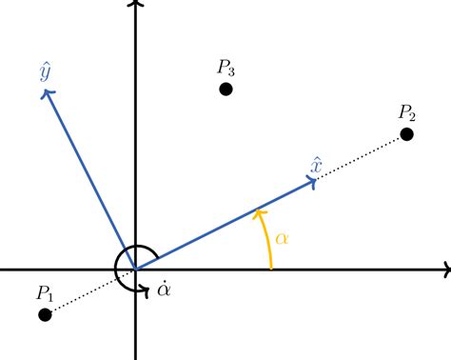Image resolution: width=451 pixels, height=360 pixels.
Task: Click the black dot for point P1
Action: (x=44, y=314)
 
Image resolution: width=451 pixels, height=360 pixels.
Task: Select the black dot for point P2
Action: (x=407, y=134)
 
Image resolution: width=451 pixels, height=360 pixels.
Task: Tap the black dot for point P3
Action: (x=225, y=89)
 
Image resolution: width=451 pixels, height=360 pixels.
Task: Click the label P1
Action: (x=46, y=292)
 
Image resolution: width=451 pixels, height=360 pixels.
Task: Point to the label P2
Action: (x=407, y=111)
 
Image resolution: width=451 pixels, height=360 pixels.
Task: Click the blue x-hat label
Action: (x=318, y=165)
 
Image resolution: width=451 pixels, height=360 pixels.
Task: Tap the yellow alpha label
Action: (x=282, y=236)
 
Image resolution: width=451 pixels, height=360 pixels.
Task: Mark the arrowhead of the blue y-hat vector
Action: (x=47, y=91)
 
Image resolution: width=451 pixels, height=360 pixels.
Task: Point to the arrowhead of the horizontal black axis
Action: (x=444, y=270)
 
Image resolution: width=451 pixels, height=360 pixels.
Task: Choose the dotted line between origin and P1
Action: (x=90, y=292)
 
